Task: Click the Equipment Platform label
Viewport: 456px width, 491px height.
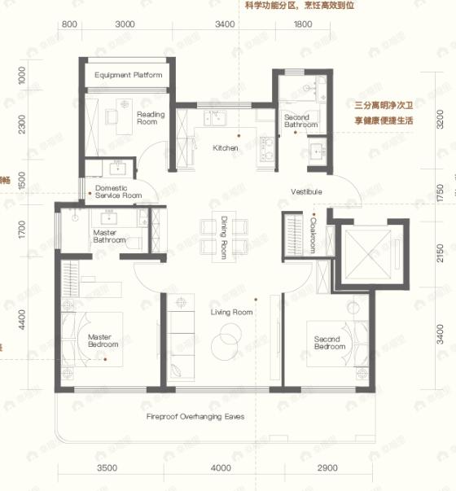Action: pos(128,76)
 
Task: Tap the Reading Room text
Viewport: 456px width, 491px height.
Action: pos(151,118)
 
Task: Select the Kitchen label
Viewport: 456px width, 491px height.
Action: pos(226,148)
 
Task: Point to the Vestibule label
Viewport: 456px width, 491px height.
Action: pos(306,191)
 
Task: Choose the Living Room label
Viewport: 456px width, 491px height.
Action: pos(232,312)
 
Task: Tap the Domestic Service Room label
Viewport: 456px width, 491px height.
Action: pos(118,192)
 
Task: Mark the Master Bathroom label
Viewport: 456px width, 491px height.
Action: pos(108,236)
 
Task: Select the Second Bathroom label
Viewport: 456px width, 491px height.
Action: pos(300,121)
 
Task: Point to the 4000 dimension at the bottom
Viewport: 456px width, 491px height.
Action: pos(220,468)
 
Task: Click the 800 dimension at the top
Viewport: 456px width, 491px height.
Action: pos(69,24)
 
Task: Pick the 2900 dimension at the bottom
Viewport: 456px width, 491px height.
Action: pos(327,468)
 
